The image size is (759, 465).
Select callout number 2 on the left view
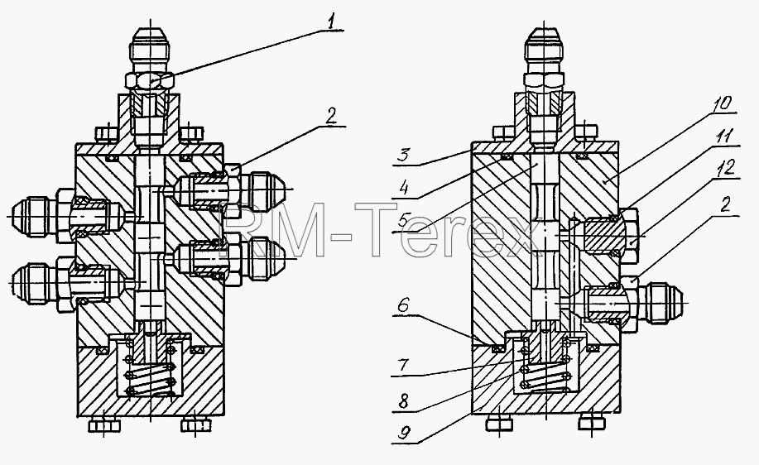(330, 116)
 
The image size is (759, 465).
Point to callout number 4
(404, 188)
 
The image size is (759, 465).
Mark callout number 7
(403, 366)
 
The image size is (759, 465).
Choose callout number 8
(403, 400)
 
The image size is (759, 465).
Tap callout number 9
(404, 433)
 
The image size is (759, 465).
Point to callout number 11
(724, 137)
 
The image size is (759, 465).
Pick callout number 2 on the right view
(724, 206)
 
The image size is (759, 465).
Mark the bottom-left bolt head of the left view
(104, 425)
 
